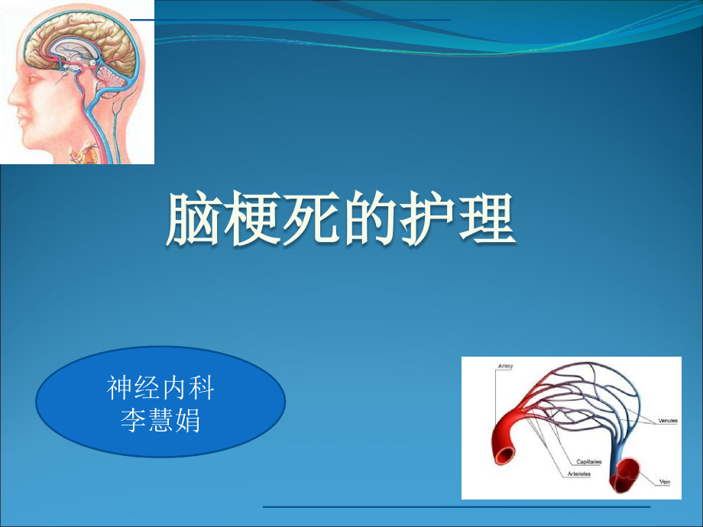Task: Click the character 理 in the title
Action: (x=486, y=219)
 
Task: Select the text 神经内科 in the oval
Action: (x=160, y=388)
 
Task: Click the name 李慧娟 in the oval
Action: (x=160, y=420)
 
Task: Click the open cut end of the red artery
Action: (x=505, y=455)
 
